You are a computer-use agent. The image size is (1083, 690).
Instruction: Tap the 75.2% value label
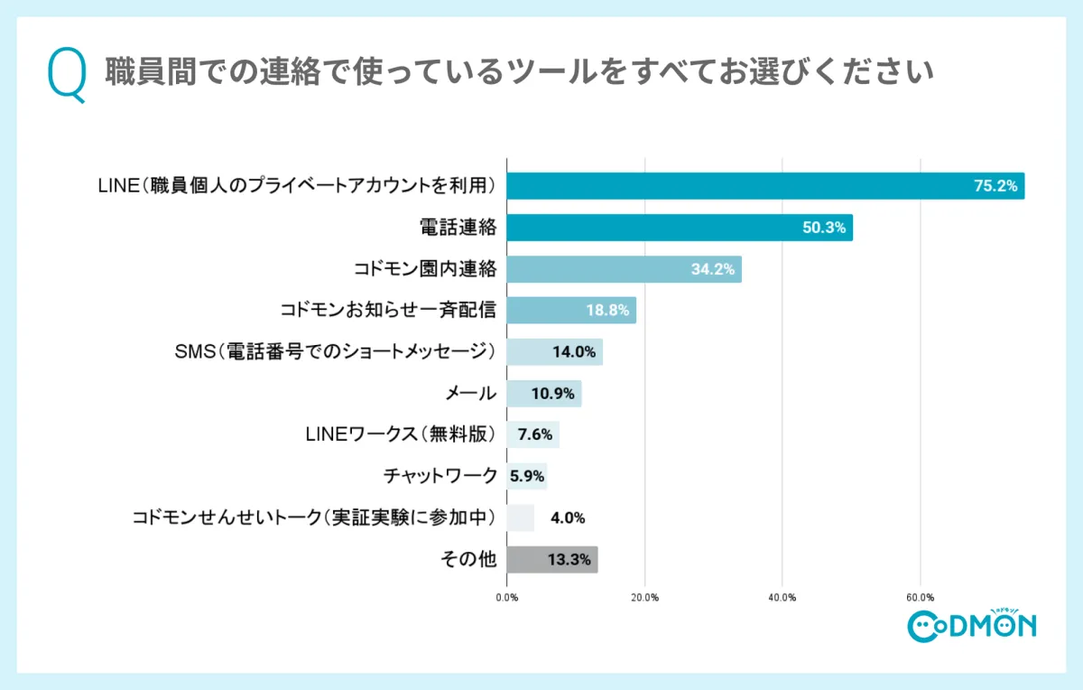[x=995, y=186]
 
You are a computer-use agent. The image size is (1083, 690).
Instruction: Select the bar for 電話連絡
[x=679, y=228]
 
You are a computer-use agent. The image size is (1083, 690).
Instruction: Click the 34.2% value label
[x=713, y=269]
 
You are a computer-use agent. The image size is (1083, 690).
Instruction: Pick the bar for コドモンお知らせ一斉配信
[x=570, y=311]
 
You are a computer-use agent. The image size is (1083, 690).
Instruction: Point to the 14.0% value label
[x=574, y=352]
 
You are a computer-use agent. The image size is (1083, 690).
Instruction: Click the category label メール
[x=471, y=394]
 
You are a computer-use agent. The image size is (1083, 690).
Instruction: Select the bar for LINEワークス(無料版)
[x=532, y=435]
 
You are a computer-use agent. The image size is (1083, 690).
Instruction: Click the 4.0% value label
[x=569, y=518]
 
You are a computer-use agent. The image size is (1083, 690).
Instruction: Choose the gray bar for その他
[x=551, y=560]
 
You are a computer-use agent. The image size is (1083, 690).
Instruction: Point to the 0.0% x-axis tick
[x=507, y=597]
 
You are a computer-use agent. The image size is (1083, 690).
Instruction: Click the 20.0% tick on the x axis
[x=644, y=597]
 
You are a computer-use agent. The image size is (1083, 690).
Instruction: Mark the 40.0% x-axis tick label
[x=782, y=597]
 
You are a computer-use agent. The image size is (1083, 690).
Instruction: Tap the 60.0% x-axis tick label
[x=920, y=597]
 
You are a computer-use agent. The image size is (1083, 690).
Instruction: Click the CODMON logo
[x=971, y=624]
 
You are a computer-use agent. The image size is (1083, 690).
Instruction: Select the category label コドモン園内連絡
[x=425, y=269]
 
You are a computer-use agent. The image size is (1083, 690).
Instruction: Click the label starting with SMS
[x=335, y=352]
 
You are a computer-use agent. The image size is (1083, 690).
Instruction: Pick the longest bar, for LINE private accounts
[x=765, y=186]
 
